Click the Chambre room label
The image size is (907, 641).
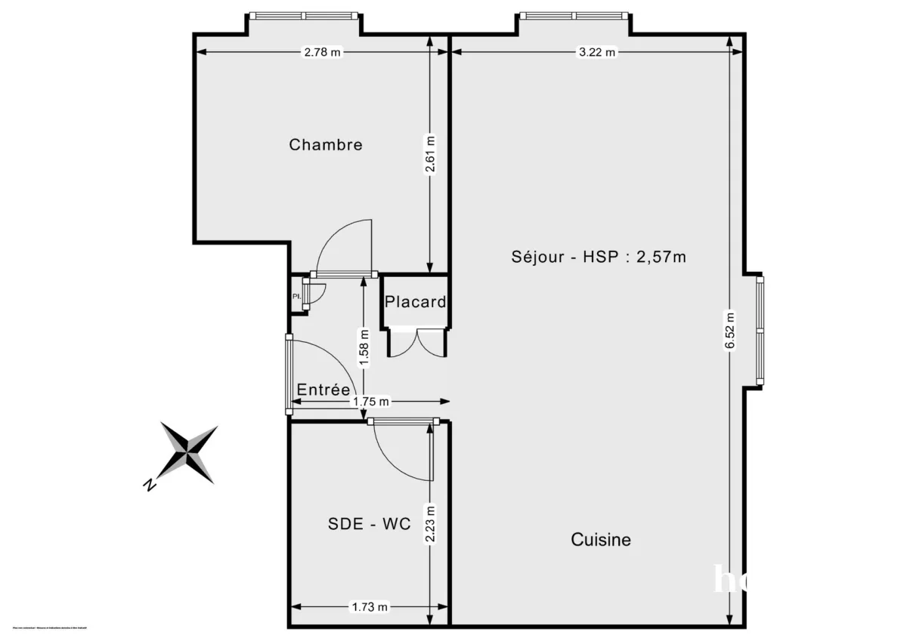coord(326,144)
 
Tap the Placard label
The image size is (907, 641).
coord(415,302)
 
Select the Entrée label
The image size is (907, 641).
coord(323,390)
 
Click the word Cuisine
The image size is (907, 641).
coord(601,540)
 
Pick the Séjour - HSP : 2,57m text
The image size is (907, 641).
coord(599,257)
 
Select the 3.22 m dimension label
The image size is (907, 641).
coord(597,52)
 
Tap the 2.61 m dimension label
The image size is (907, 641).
coord(430,155)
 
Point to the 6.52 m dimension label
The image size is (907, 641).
coord(730,331)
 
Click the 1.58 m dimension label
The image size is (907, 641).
coord(364,348)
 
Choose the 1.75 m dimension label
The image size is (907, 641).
coord(370,402)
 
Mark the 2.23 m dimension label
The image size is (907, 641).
coord(430,523)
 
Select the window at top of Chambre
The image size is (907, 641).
coord(304,15)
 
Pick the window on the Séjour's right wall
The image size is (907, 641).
coord(760,331)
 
